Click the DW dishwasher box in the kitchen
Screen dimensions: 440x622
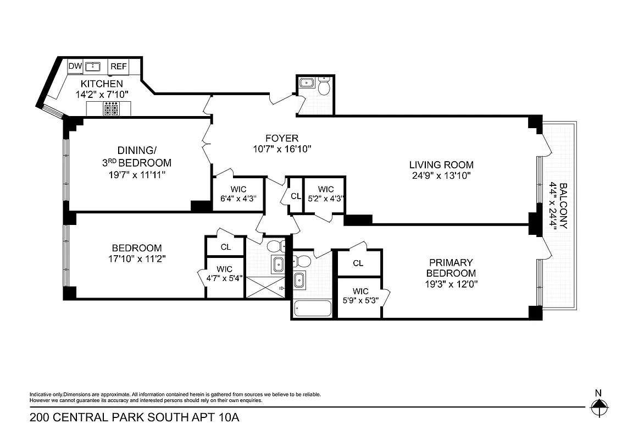click(x=75, y=67)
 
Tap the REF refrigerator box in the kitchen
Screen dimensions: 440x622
click(x=119, y=67)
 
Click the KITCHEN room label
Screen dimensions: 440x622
click(x=102, y=84)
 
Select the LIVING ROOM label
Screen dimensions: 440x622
click(x=441, y=164)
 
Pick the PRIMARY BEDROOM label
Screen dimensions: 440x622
click(x=451, y=268)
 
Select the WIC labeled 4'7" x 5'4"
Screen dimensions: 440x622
click(x=225, y=273)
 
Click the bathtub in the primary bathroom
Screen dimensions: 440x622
click(x=313, y=309)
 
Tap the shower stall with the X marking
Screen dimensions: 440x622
click(x=265, y=288)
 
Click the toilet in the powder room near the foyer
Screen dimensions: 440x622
click(x=324, y=87)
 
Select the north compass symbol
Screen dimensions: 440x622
click(x=598, y=408)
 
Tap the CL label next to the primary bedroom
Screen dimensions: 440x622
click(x=358, y=263)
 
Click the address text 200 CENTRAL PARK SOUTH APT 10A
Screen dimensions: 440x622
click(x=135, y=417)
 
